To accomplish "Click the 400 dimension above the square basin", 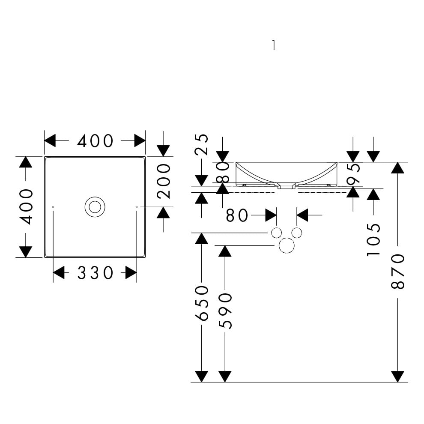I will pos(95,141).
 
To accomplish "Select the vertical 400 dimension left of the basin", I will pos(27,207).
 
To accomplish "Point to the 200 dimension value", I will pos(164,181).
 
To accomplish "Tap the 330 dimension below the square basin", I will pos(95,273).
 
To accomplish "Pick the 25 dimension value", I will pos(201,144).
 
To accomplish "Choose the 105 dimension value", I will pos(373,240).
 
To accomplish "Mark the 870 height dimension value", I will pos(398,272).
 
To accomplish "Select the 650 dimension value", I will pos(202,303).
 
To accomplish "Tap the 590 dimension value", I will pos(225,311).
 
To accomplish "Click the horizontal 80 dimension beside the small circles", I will pos(237,215).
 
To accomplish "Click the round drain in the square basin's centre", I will pos(95,207).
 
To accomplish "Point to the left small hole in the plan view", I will pos(53,207).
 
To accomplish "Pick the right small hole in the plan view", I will pos(136,207).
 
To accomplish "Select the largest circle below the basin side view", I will pos(287,245).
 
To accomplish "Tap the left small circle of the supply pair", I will pos(277,233).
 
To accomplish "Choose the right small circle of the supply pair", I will pos(296,233).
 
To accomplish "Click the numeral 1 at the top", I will pos(273,45).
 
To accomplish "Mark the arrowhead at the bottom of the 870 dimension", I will pos(398,376).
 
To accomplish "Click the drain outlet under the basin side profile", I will pos(287,187).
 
